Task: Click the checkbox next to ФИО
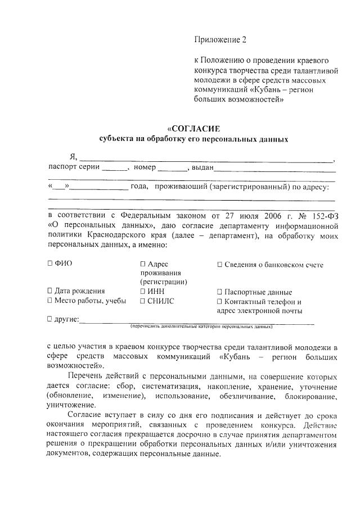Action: coord(50,263)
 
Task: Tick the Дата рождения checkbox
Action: coord(50,291)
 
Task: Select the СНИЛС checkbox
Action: coord(143,301)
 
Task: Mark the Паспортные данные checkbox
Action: coord(219,292)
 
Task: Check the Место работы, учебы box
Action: coord(50,301)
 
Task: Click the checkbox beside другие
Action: coord(50,319)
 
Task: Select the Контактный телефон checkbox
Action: coord(219,301)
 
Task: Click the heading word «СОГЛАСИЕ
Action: coord(193,128)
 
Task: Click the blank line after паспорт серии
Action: coord(115,169)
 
